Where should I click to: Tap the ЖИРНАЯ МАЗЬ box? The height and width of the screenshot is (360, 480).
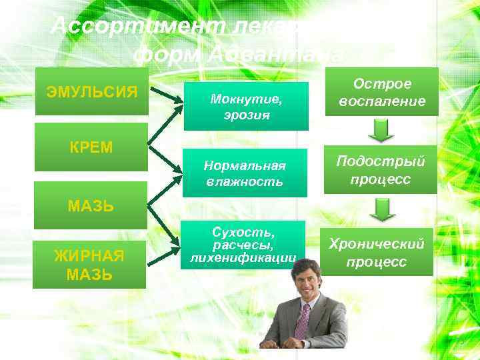point(89,265)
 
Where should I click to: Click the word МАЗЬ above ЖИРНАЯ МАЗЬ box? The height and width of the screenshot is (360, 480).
point(91,206)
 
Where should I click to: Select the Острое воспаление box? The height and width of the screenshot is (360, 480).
point(381,92)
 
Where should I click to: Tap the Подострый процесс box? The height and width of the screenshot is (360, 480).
point(381,170)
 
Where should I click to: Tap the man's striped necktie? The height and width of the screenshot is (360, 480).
point(303,321)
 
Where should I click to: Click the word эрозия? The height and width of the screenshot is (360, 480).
point(247,114)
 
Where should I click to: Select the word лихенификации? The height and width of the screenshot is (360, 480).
point(243,257)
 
